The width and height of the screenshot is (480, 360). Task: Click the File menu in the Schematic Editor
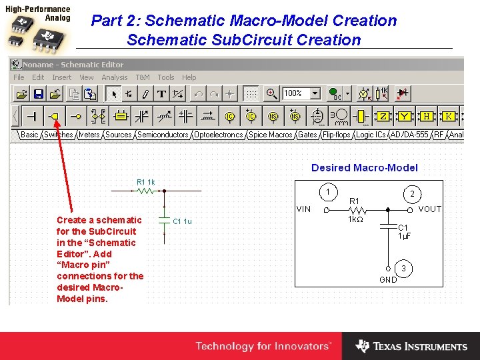click(x=19, y=77)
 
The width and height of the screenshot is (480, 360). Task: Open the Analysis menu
click(x=115, y=77)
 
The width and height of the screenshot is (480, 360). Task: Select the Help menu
click(x=189, y=77)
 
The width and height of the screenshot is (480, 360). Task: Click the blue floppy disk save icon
click(x=39, y=94)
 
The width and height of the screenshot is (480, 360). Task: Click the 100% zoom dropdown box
click(x=301, y=94)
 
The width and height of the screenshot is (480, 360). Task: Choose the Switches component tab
click(x=59, y=135)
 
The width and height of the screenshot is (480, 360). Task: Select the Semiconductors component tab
click(x=163, y=135)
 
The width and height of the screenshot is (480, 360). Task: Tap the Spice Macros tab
click(x=271, y=135)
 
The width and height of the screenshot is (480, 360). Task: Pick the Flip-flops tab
click(x=337, y=135)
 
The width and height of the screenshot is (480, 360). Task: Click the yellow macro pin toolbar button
click(x=55, y=116)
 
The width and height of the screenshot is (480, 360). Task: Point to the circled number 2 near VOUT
click(x=412, y=193)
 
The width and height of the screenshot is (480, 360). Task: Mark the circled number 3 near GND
click(x=402, y=269)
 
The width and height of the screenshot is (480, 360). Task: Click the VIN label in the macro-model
click(x=303, y=209)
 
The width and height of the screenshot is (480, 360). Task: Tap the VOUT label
click(x=429, y=209)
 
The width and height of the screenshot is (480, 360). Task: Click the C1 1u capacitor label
click(x=182, y=221)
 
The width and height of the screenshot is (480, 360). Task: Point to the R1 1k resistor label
click(x=145, y=182)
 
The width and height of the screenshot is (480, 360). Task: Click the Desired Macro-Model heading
click(x=365, y=168)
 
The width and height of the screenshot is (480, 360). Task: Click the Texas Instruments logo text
click(x=420, y=347)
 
